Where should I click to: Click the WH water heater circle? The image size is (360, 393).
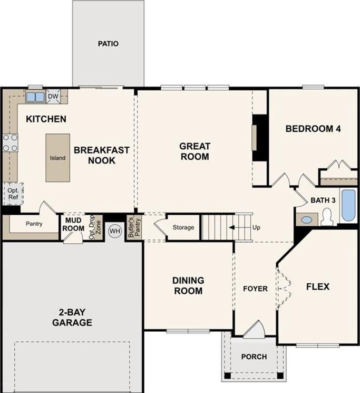115,231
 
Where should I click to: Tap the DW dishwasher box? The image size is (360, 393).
53,97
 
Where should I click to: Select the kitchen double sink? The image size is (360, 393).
35,97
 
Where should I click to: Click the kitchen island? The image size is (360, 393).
57,158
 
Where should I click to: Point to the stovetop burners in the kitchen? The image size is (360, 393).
10,143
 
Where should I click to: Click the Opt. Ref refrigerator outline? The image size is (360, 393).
13,194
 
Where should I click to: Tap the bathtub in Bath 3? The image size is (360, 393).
348,206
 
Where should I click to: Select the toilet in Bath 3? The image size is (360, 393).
326,217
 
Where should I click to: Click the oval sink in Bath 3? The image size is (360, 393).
307,220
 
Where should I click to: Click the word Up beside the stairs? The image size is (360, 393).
256,227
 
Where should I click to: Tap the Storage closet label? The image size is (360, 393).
183,227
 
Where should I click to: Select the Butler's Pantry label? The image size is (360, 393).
134,228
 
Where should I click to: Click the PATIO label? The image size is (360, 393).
108,44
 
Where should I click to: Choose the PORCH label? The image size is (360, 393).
254,357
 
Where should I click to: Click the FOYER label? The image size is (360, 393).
255,289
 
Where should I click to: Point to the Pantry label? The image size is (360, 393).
34,224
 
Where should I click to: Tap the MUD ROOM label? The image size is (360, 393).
73,224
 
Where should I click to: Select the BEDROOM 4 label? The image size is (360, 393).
313,129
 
